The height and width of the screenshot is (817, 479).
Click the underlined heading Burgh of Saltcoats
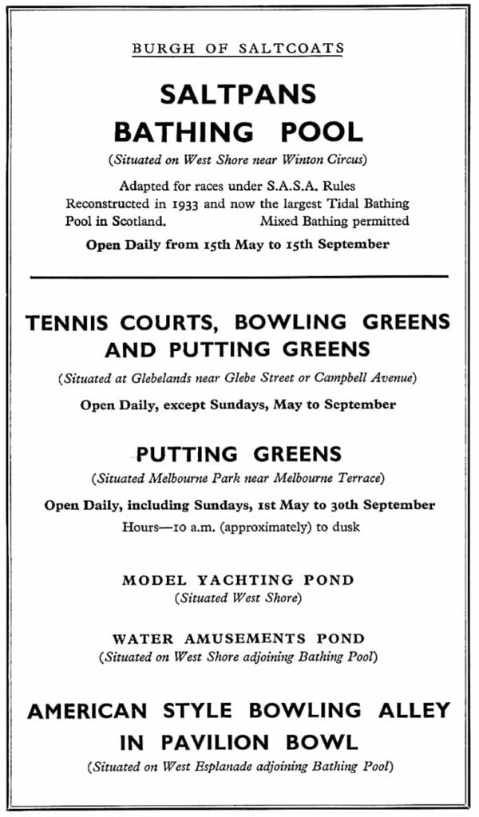click(x=238, y=49)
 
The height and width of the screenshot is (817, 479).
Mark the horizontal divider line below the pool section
click(x=239, y=276)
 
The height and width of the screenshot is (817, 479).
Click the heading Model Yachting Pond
click(x=238, y=580)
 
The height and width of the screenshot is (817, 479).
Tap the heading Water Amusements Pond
click(x=238, y=638)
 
